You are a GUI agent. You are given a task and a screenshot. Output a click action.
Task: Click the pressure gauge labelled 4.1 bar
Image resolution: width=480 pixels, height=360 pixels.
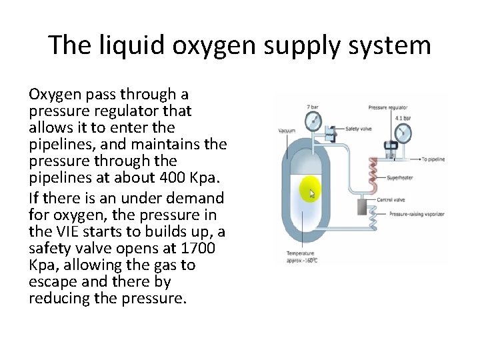(x=402, y=131)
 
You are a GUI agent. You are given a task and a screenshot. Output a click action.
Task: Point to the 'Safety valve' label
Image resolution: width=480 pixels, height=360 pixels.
(x=359, y=129)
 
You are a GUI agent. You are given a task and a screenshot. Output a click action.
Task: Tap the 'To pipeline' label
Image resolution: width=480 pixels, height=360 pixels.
(x=433, y=159)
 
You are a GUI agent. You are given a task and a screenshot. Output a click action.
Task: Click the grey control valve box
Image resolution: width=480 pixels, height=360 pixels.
(x=363, y=206)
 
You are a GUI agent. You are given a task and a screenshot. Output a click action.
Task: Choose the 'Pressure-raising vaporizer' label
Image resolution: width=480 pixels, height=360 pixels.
(x=417, y=215)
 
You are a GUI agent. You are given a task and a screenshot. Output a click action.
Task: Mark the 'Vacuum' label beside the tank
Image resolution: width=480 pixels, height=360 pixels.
(x=287, y=131)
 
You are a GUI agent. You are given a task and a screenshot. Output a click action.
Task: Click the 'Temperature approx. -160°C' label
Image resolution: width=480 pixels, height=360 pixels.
(x=301, y=257)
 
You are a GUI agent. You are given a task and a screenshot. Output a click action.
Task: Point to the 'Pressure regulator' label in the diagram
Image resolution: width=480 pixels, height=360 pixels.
(x=389, y=107)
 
